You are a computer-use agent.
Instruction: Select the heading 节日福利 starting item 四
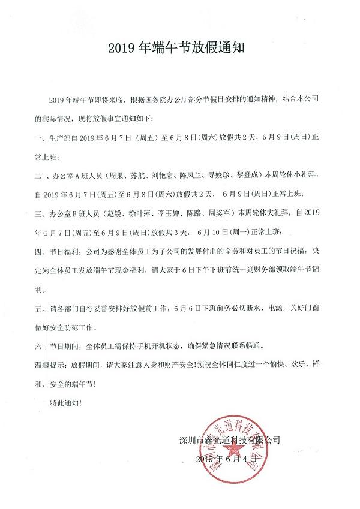(70, 252)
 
